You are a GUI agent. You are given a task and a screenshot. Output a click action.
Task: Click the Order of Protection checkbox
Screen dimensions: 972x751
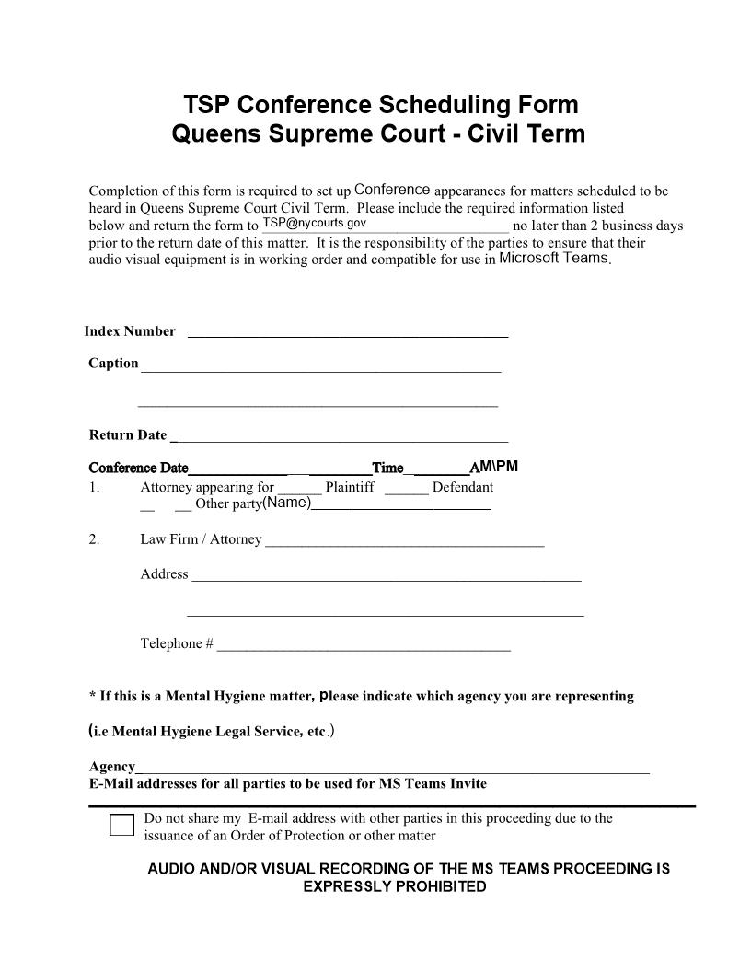pos(121,825)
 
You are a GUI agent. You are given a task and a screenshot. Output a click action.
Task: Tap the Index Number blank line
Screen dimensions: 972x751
pos(348,333)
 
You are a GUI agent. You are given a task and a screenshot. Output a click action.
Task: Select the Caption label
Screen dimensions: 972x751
pos(113,364)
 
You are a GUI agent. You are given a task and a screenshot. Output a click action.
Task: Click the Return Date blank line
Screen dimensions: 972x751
pos(340,437)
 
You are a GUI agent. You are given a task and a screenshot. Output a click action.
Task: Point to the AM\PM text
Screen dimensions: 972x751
pos(494,466)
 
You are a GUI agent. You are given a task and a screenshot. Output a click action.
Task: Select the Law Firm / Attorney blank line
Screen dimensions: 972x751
pos(404,542)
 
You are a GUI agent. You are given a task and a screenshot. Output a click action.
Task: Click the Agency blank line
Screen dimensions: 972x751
pos(392,769)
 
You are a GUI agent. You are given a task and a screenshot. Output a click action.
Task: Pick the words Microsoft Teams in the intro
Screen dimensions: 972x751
pos(553,259)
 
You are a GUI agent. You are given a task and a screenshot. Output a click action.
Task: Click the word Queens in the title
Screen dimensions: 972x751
pos(217,134)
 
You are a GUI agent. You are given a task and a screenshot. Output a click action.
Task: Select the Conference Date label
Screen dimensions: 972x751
pos(138,468)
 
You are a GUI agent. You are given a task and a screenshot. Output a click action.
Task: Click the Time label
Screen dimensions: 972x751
pos(387,468)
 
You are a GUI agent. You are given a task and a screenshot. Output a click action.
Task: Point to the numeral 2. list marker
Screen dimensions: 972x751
pos(94,539)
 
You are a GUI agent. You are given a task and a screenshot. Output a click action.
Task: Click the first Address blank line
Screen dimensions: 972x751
pos(386,576)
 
